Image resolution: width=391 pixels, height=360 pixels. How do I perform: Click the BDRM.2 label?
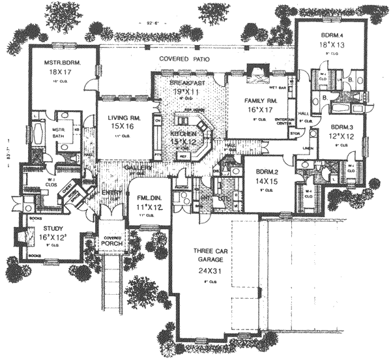(260, 172)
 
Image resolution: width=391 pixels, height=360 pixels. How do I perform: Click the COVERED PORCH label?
(109, 242)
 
